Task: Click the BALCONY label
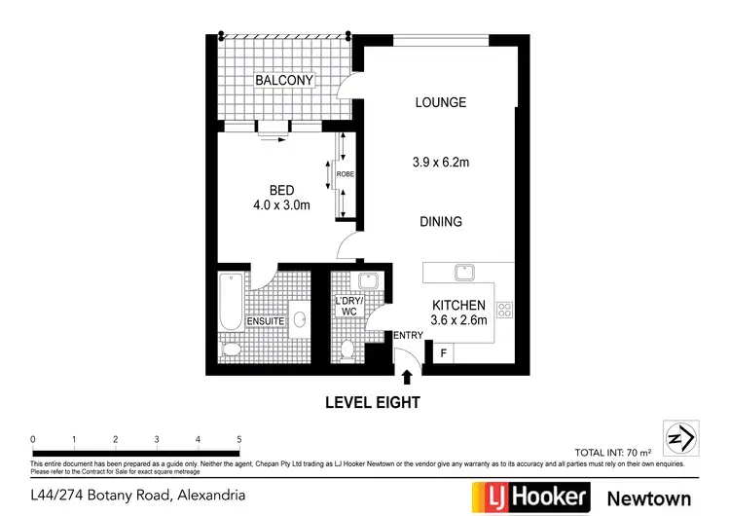284,80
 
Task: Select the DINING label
440,222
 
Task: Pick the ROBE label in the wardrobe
345,174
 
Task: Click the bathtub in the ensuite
231,303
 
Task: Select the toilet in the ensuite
234,350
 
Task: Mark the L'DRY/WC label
347,306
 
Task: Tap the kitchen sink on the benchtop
464,271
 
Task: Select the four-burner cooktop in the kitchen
505,311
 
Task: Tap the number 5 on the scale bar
238,439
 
